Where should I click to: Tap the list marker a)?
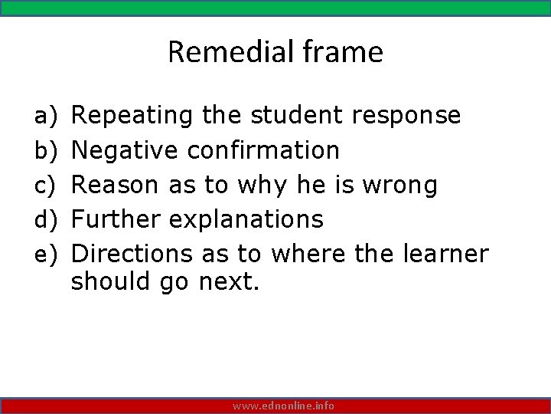[42, 116]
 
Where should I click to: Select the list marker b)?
[42, 150]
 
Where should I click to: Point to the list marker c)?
[42, 185]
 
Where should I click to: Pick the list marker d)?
[42, 219]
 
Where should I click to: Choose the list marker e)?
[42, 254]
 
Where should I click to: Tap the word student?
[298, 116]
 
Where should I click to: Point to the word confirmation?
[263, 150]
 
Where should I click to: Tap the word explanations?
[246, 219]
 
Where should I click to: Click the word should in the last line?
[111, 281]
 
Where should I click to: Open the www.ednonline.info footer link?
[283, 406]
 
